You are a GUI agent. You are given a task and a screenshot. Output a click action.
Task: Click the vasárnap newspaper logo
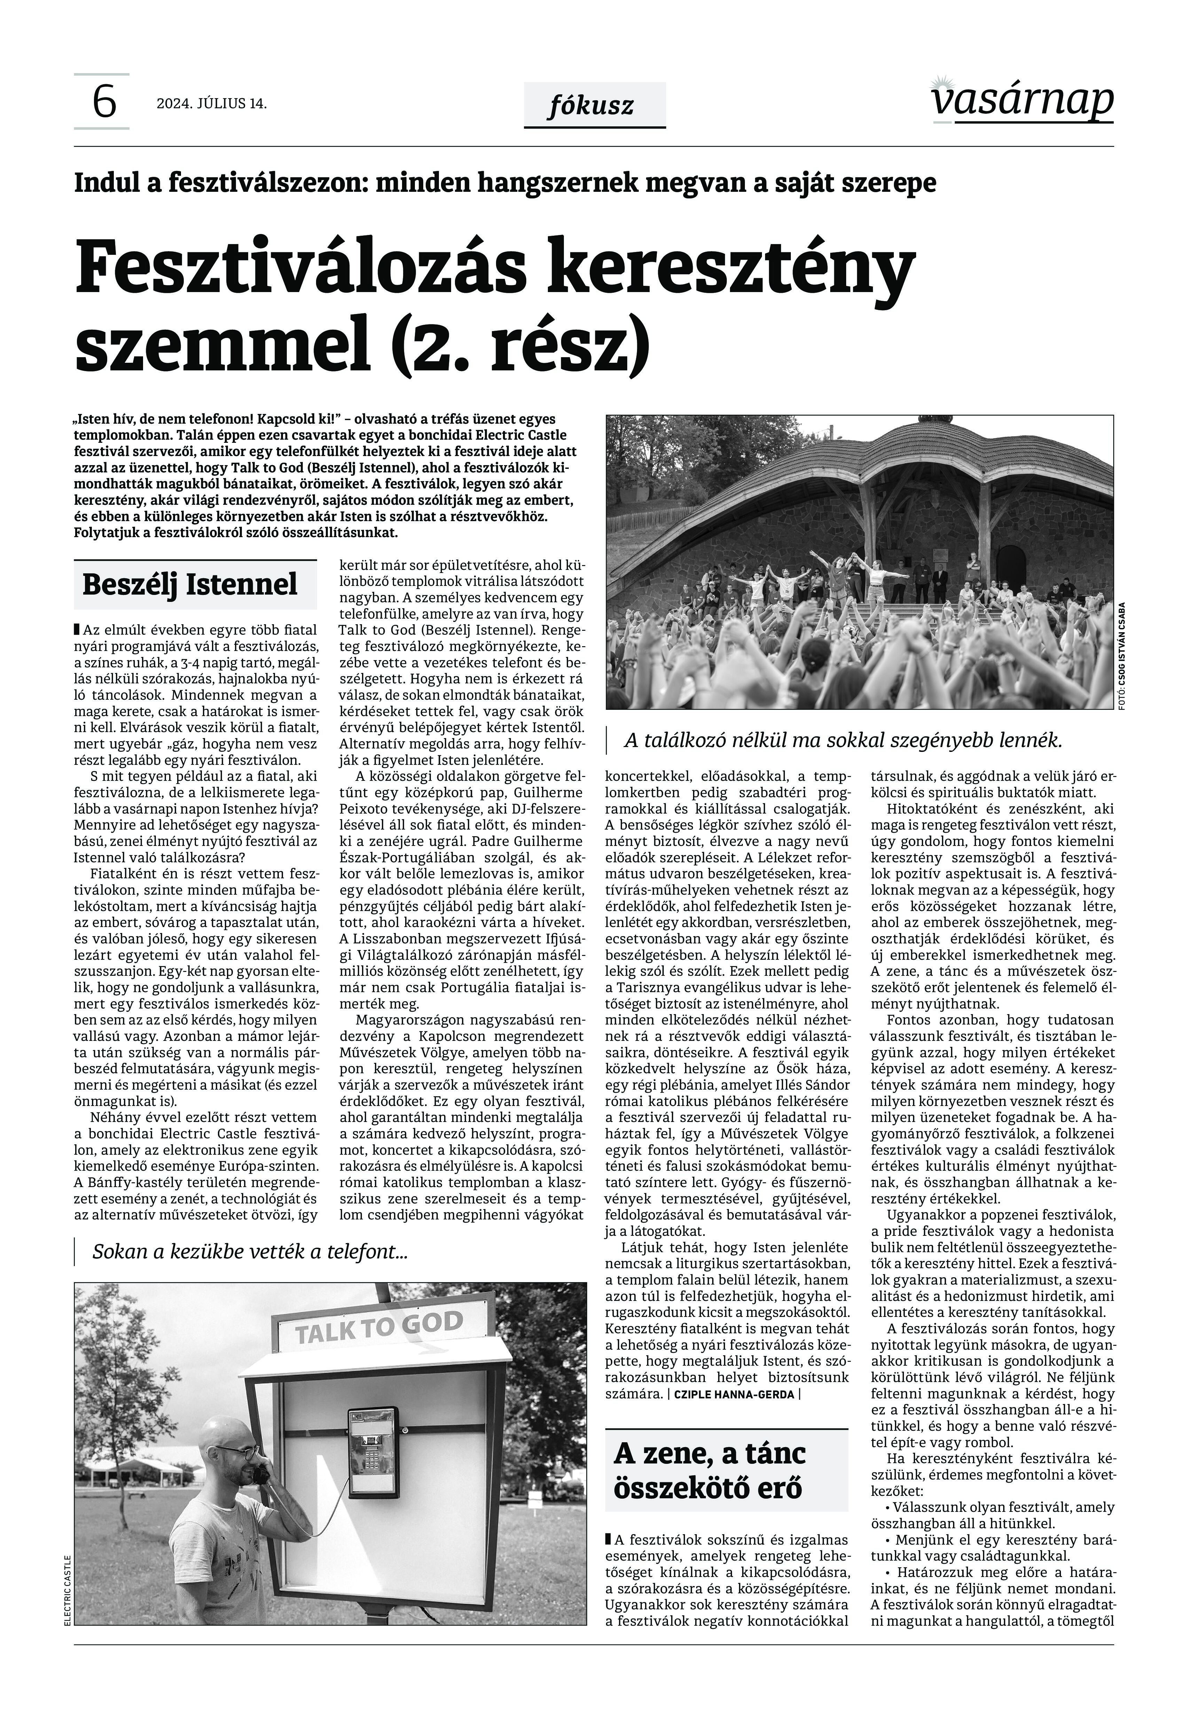(1022, 101)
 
